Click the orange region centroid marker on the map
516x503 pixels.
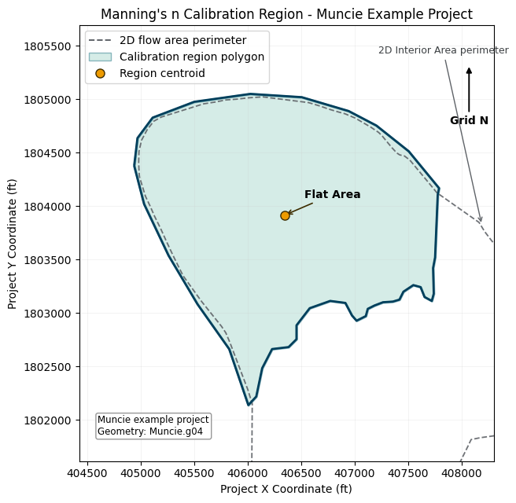(x=285, y=215)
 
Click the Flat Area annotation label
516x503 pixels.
(x=333, y=194)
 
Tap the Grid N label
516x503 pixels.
(x=469, y=120)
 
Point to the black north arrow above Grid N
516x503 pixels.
(x=469, y=90)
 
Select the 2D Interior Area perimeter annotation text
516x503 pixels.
(x=444, y=50)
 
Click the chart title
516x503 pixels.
(x=286, y=14)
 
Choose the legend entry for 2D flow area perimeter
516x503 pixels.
(x=182, y=40)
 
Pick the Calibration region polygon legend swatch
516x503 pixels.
(x=101, y=57)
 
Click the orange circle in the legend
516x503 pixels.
(x=101, y=73)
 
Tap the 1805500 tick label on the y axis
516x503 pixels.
(x=47, y=46)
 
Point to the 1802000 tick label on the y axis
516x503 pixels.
(x=47, y=420)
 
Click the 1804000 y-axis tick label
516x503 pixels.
(x=47, y=207)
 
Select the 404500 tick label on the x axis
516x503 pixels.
(x=87, y=473)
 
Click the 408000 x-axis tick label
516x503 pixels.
(x=462, y=473)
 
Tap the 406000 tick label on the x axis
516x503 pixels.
(x=248, y=473)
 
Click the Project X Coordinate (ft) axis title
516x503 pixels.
(x=286, y=489)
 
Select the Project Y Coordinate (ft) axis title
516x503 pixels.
(x=12, y=244)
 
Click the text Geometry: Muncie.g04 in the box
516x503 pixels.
(x=150, y=431)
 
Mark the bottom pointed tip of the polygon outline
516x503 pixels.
(x=249, y=405)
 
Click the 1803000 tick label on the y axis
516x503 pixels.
(x=47, y=314)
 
